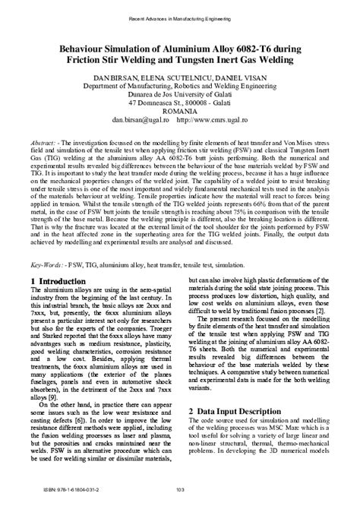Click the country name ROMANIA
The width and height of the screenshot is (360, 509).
click(x=179, y=110)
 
